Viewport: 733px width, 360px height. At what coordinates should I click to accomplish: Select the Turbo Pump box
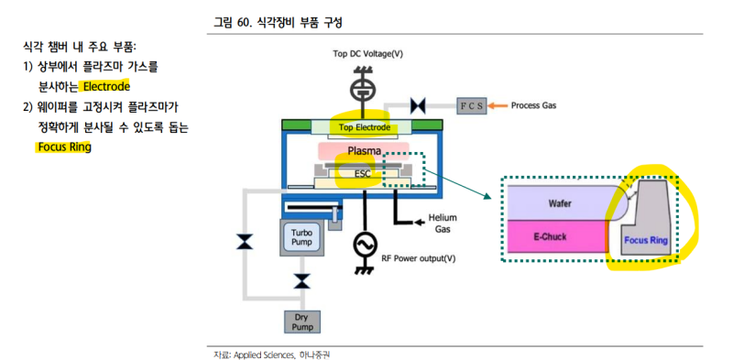301,237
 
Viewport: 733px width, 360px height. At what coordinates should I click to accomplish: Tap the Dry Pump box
301,321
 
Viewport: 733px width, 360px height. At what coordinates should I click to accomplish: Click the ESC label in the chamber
363,172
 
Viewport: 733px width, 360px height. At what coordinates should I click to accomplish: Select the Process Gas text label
533,105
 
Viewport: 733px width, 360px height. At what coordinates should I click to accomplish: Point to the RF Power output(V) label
419,258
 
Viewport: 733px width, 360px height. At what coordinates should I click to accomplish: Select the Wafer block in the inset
560,202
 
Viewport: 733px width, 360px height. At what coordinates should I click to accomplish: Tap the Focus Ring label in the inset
646,242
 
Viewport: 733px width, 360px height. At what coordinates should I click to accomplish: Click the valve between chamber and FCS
421,105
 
